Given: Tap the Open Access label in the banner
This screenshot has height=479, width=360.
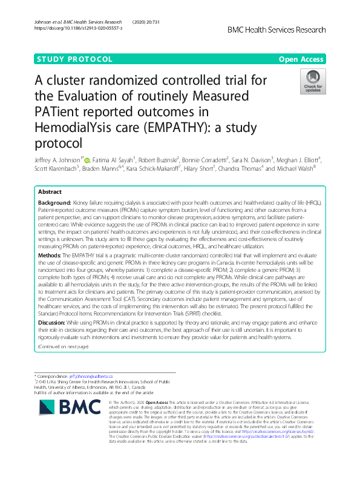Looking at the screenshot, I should coord(301,59).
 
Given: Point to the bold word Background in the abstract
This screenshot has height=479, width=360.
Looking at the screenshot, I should coord(54,202).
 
